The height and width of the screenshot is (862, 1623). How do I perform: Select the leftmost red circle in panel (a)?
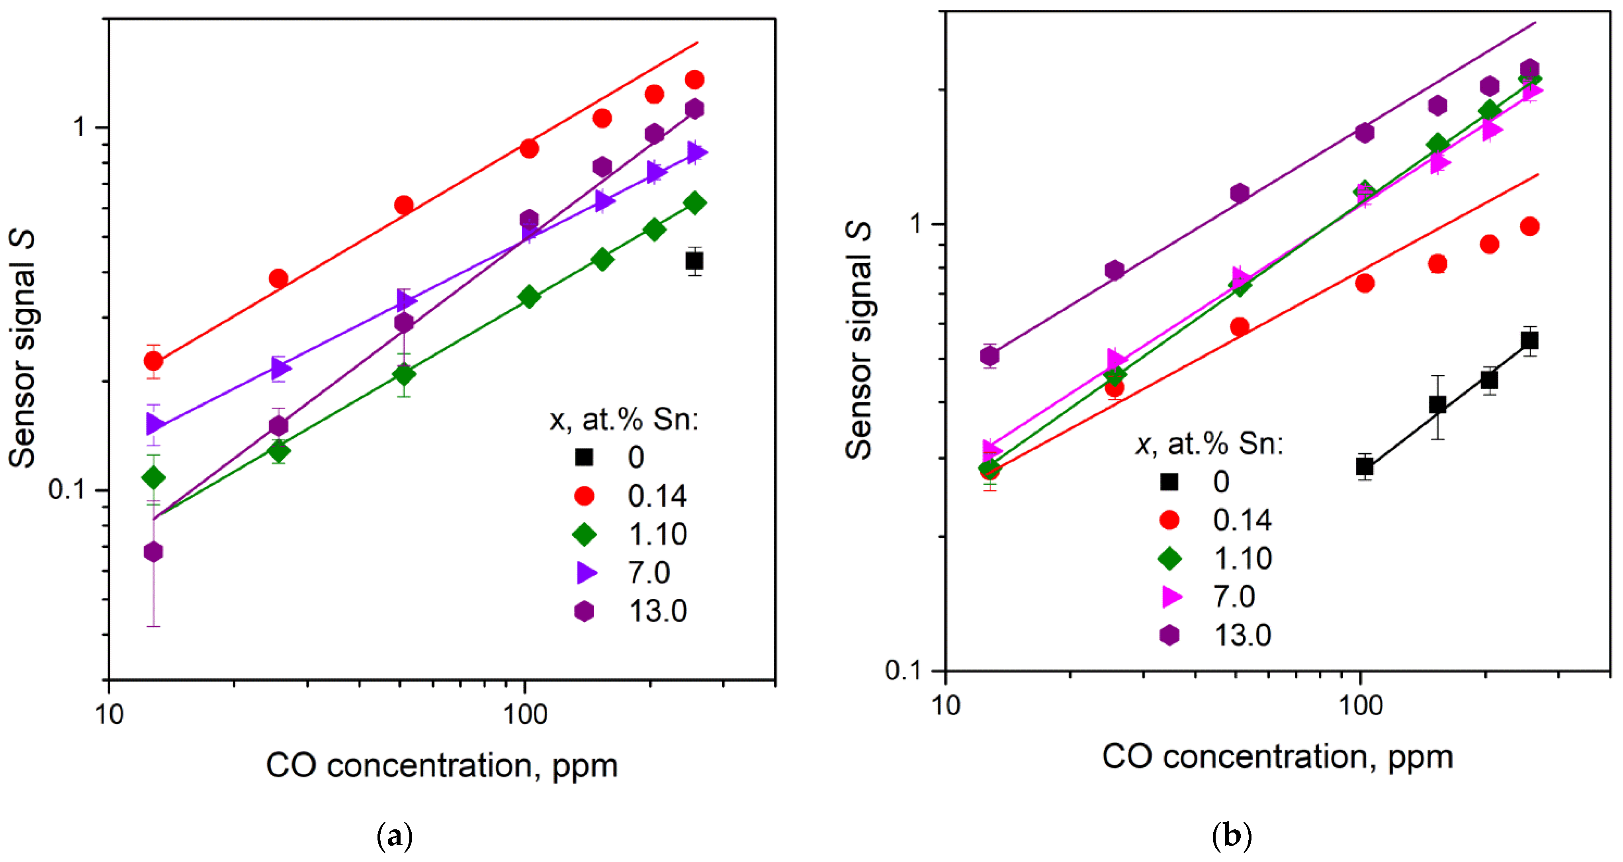[153, 361]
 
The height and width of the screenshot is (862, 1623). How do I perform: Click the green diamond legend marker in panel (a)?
[584, 534]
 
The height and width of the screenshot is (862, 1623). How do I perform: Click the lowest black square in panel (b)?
[1365, 467]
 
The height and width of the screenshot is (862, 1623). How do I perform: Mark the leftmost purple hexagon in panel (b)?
[990, 357]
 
